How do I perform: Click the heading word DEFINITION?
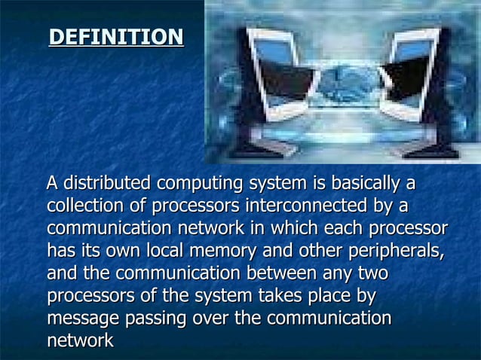116,37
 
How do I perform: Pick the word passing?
156,319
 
